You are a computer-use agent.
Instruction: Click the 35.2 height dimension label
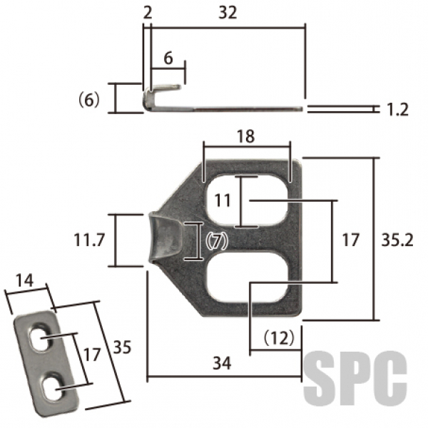(x=397, y=240)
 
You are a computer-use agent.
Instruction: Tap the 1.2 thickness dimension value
(x=397, y=110)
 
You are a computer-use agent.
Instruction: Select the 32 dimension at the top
(x=228, y=13)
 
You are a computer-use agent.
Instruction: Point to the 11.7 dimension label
(x=89, y=240)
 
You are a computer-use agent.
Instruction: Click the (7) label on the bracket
(x=216, y=241)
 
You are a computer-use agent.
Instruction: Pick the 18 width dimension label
(x=245, y=136)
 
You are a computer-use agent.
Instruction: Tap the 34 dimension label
(x=222, y=363)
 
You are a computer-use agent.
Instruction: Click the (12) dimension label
(x=279, y=337)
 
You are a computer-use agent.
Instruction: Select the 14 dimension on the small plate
(x=24, y=280)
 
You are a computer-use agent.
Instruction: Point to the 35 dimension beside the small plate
(x=122, y=347)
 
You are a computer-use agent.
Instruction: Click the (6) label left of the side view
(x=88, y=100)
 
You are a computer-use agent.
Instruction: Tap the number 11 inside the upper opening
(x=223, y=200)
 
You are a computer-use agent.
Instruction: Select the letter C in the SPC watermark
(x=390, y=378)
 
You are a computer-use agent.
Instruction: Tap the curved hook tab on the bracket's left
(x=165, y=238)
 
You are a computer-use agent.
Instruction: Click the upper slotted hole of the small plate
(x=40, y=337)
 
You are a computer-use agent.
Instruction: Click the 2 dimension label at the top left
(x=148, y=13)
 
